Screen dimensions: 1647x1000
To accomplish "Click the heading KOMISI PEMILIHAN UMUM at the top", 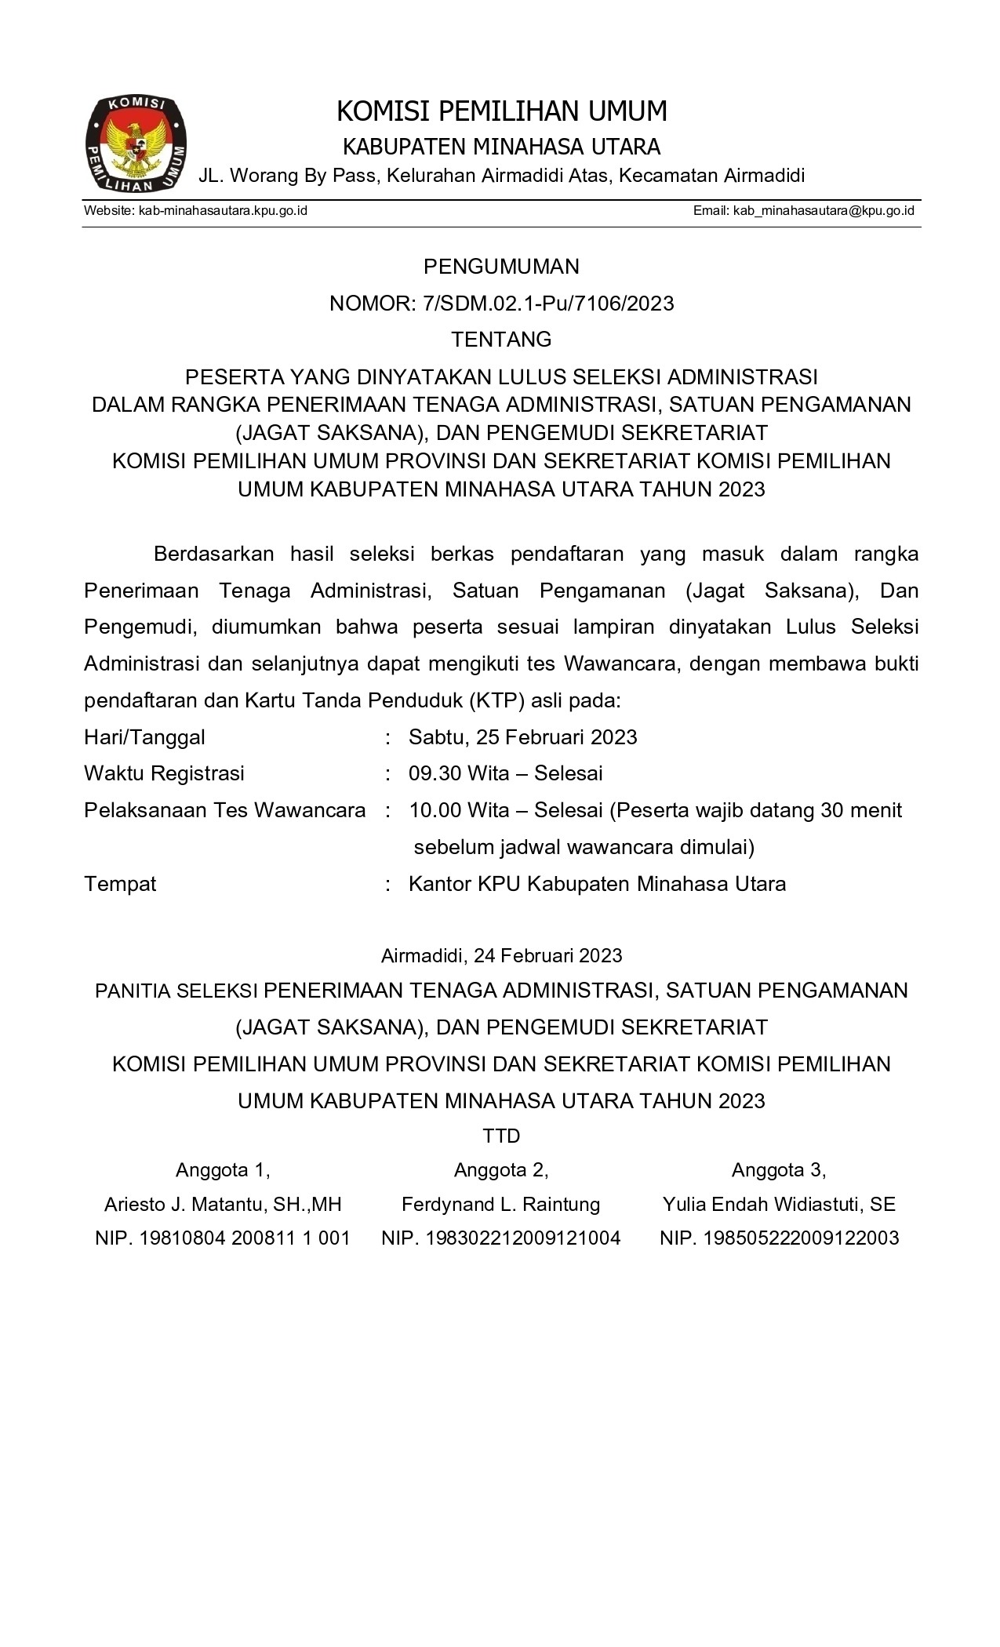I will click(x=501, y=112).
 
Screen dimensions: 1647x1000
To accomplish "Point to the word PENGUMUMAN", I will click(x=501, y=267).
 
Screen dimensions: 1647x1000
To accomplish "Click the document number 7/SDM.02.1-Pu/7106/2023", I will click(x=547, y=304).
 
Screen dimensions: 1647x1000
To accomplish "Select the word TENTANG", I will click(x=501, y=340).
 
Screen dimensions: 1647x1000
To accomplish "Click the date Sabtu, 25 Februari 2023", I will click(x=523, y=737).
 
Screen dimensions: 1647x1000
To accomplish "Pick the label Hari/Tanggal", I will click(x=145, y=737).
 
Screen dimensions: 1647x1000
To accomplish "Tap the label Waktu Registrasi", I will click(x=165, y=773).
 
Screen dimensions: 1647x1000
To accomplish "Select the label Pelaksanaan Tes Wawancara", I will click(x=225, y=810).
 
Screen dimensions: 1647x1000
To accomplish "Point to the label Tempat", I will click(x=120, y=884).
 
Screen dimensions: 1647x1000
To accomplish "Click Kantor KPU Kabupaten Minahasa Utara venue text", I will click(x=597, y=884).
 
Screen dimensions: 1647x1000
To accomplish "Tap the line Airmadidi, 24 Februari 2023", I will click(x=501, y=955).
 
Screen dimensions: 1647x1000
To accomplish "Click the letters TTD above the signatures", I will click(x=501, y=1136).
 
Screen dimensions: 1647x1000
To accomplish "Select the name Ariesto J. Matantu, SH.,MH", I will click(x=223, y=1204).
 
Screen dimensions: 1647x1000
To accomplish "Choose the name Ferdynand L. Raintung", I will click(x=500, y=1204).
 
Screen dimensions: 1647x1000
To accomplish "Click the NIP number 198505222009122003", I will click(x=801, y=1238).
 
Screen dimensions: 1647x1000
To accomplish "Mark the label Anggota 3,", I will click(x=779, y=1170).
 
